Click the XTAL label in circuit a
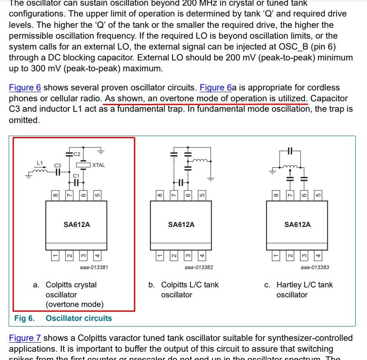pos(99,165)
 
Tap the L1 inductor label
pos(40,163)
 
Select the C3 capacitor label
pos(57,166)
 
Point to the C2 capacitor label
pos(77,154)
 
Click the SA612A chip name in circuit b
pos(181,224)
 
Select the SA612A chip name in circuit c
pos(297,224)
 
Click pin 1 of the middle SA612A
pos(160,256)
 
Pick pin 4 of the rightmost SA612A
pos(318,256)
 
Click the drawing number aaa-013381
pos(94,267)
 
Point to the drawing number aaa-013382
pos(199,267)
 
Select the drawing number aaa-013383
pos(315,267)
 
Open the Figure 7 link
pos(25,338)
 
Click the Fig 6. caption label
pos(24,318)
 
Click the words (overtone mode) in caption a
pos(74,304)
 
